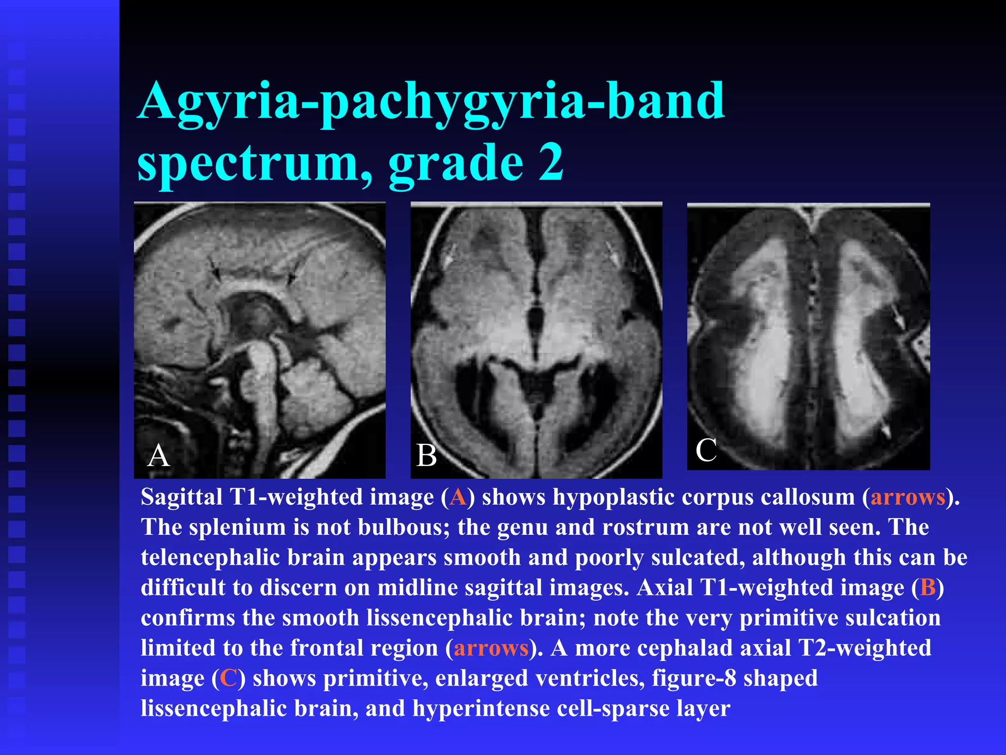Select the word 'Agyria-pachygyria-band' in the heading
pyautogui.click(x=431, y=102)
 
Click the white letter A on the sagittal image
pyautogui.click(x=158, y=455)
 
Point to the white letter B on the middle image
pyautogui.click(x=426, y=455)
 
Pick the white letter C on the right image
pyautogui.click(x=706, y=450)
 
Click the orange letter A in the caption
pyautogui.click(x=457, y=497)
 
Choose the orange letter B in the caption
pyautogui.click(x=928, y=587)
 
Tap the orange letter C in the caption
pyautogui.click(x=228, y=678)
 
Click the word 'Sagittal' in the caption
pyautogui.click(x=182, y=497)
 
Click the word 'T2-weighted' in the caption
pyautogui.click(x=865, y=648)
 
